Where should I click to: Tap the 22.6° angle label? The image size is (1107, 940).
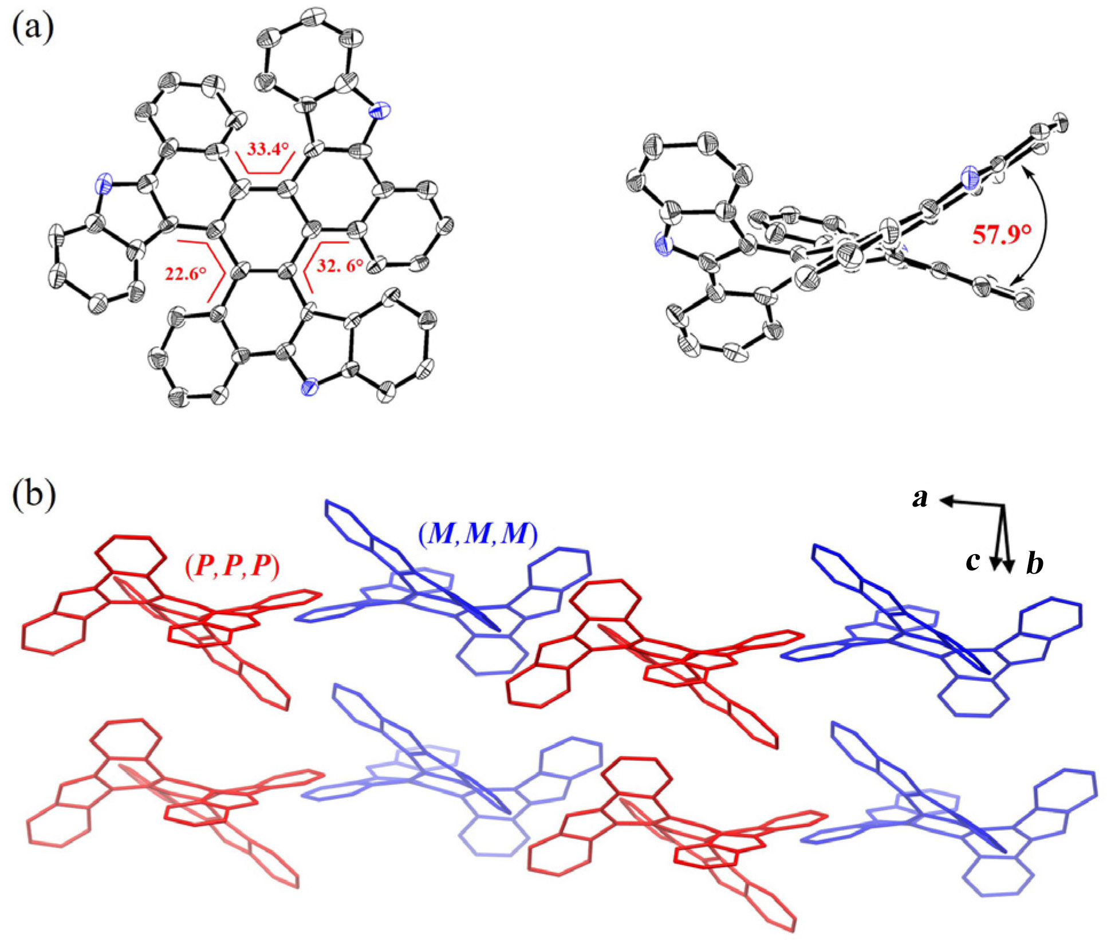[x=185, y=274]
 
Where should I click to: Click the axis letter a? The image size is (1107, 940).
[x=920, y=498]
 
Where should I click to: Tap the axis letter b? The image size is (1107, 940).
[x=1034, y=564]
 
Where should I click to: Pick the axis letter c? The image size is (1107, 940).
[x=972, y=561]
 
